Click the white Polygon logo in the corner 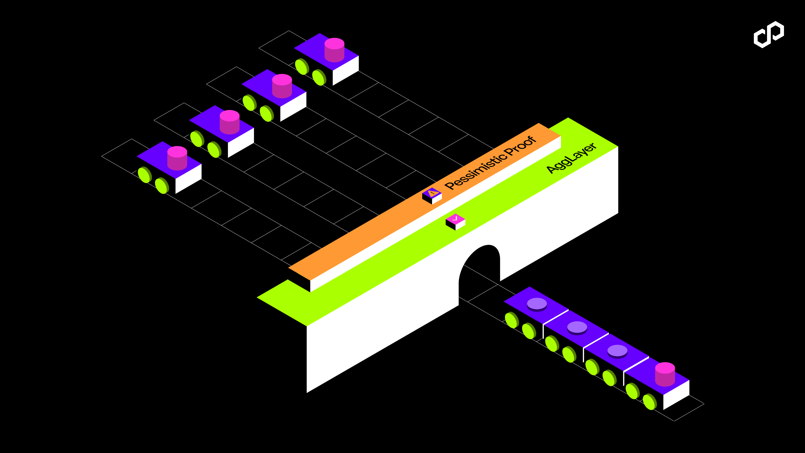coord(769,34)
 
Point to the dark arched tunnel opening coord(480,269)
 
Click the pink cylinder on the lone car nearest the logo coord(334,50)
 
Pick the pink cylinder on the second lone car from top coord(282,86)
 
